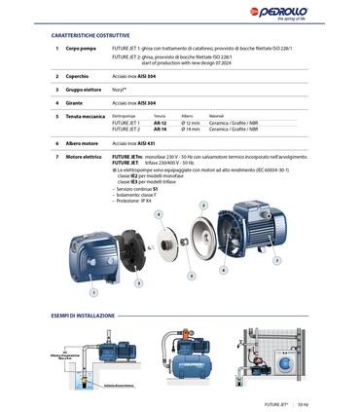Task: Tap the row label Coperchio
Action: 78,75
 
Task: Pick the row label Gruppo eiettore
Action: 85,89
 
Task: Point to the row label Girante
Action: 75,102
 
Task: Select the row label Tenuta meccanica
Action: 86,116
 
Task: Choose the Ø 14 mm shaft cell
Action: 191,129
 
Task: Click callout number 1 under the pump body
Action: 93,290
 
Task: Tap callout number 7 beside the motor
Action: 276,260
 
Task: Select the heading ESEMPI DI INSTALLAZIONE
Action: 90,316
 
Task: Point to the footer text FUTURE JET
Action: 277,402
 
